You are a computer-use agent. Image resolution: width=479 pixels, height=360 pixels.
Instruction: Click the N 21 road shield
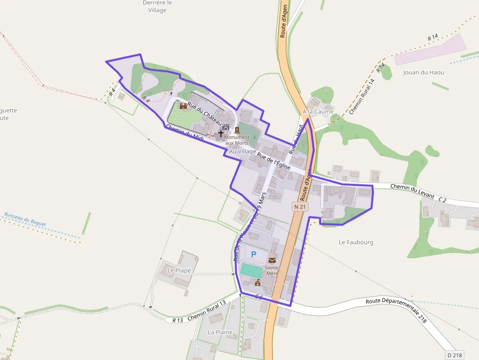click(x=300, y=207)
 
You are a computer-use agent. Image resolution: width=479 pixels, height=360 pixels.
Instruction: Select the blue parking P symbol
click(x=254, y=254)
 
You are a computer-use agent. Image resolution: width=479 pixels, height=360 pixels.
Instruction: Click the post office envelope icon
click(x=272, y=260)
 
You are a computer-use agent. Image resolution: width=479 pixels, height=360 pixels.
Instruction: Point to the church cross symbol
click(x=221, y=133)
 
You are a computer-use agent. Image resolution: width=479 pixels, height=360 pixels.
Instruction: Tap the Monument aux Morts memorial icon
click(x=237, y=130)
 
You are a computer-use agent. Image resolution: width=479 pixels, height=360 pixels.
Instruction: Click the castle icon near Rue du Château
click(x=183, y=106)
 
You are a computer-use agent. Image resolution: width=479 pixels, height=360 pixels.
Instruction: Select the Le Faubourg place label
click(x=356, y=242)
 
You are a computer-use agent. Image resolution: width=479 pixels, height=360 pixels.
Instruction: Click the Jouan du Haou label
click(x=424, y=72)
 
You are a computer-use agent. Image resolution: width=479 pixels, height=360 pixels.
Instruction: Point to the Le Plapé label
click(x=179, y=270)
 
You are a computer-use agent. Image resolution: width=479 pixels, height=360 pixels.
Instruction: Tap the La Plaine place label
click(x=220, y=332)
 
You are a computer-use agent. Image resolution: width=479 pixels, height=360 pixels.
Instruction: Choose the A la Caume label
click(x=318, y=111)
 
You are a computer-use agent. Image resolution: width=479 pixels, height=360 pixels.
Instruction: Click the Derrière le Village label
click(x=157, y=6)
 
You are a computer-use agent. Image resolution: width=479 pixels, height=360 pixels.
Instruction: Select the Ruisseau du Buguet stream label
click(x=25, y=219)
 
